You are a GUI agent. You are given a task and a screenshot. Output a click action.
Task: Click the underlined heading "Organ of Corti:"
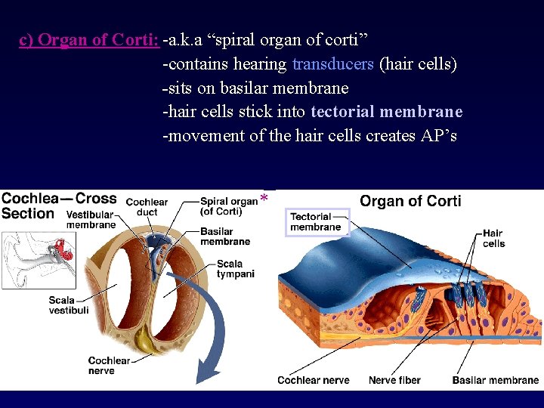pos(89,40)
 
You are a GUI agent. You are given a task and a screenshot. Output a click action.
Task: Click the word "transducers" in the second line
pos(332,64)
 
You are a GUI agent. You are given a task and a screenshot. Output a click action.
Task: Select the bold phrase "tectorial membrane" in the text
pos(386,112)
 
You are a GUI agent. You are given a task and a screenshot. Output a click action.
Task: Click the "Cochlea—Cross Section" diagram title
pos(58,206)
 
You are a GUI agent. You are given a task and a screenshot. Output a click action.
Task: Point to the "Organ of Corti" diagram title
pos(410,201)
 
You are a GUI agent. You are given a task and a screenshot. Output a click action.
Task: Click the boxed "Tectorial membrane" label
pos(317,221)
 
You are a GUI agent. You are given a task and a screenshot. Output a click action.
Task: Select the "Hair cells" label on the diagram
pos(493,239)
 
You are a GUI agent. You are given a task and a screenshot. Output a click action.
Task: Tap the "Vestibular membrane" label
pos(91,220)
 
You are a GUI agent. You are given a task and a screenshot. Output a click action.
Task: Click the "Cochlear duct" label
pos(147,207)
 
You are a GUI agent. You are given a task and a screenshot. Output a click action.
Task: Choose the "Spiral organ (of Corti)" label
pos(228,206)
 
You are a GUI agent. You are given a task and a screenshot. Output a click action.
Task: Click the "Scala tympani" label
pos(235,268)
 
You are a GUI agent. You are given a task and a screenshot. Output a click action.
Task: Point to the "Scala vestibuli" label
pos(69,305)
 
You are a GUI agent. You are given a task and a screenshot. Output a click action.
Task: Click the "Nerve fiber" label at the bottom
pos(394,380)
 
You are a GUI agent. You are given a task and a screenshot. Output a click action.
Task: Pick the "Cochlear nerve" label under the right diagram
pos(313,380)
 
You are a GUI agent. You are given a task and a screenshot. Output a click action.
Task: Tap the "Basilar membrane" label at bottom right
pos(495,380)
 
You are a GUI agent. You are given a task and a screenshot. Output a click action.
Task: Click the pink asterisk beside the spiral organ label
pos(264,199)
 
